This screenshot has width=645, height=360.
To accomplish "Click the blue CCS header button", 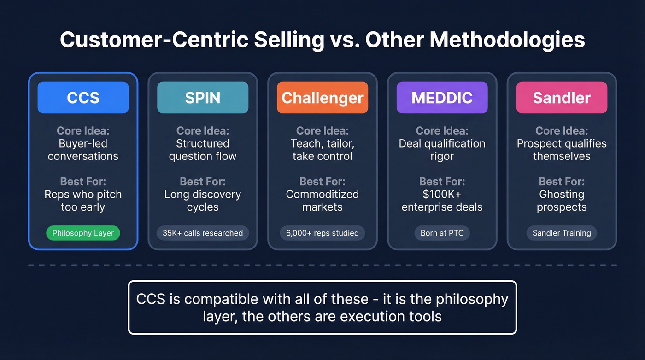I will [x=83, y=98].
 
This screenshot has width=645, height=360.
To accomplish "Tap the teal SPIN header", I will [x=203, y=98].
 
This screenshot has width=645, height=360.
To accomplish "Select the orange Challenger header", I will [x=322, y=98].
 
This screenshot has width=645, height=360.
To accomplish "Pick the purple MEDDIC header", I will [x=442, y=98].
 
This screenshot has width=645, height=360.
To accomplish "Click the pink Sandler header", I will [x=562, y=98].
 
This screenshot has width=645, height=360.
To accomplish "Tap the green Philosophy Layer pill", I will [x=83, y=233].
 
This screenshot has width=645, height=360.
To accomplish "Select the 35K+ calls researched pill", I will [x=203, y=233].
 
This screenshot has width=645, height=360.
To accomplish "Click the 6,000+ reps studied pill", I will [x=322, y=233].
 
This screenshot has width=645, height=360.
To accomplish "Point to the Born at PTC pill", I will [x=442, y=233].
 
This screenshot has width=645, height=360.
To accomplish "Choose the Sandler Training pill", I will [x=562, y=233].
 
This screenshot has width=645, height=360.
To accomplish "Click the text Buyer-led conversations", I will [x=83, y=150].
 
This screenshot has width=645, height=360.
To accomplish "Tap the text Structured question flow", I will [x=203, y=150].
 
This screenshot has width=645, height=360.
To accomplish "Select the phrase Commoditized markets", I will [x=322, y=201].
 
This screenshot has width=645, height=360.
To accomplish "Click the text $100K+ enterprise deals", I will [x=442, y=201].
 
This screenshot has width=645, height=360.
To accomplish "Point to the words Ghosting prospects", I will [x=562, y=201].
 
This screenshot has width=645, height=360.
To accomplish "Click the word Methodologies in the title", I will [x=507, y=41].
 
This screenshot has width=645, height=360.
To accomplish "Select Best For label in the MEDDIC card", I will [x=442, y=182].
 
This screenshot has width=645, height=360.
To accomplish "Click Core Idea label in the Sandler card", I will [x=562, y=131].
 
